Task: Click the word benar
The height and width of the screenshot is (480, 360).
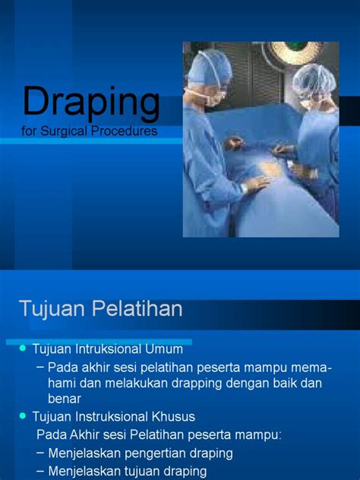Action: click(64, 399)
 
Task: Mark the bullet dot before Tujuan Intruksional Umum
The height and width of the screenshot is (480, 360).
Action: click(23, 348)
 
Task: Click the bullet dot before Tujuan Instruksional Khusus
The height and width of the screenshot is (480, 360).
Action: click(23, 415)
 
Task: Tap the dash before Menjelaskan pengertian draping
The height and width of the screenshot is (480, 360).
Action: click(39, 453)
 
